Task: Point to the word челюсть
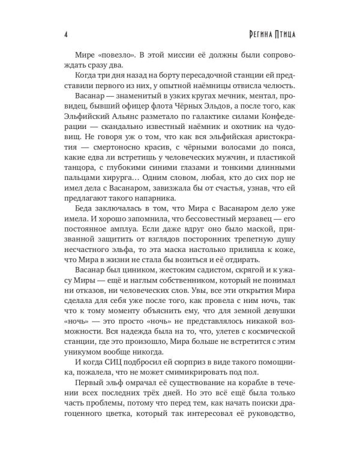click(x=279, y=85)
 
